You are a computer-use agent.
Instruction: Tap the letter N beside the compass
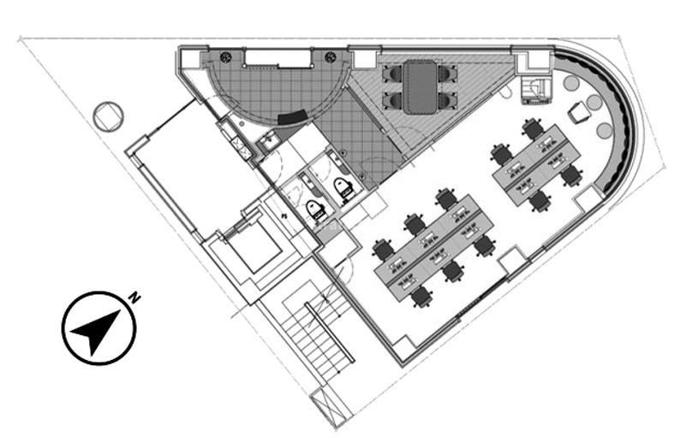point(135,298)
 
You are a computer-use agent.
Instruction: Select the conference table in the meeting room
point(420,87)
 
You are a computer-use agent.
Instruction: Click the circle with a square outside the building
point(108,116)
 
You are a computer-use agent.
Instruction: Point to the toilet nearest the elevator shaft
point(316,209)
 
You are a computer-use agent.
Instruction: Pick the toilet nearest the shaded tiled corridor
point(344,188)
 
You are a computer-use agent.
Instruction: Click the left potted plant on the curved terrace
point(226,57)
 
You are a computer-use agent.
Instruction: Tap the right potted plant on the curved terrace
point(330,57)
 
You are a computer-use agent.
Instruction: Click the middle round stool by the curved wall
point(594,102)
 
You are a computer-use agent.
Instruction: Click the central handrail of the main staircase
point(329,333)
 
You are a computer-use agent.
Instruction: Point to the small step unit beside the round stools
point(535,91)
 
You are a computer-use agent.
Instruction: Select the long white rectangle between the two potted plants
point(277,58)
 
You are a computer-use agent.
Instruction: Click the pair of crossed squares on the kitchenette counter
point(240,146)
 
